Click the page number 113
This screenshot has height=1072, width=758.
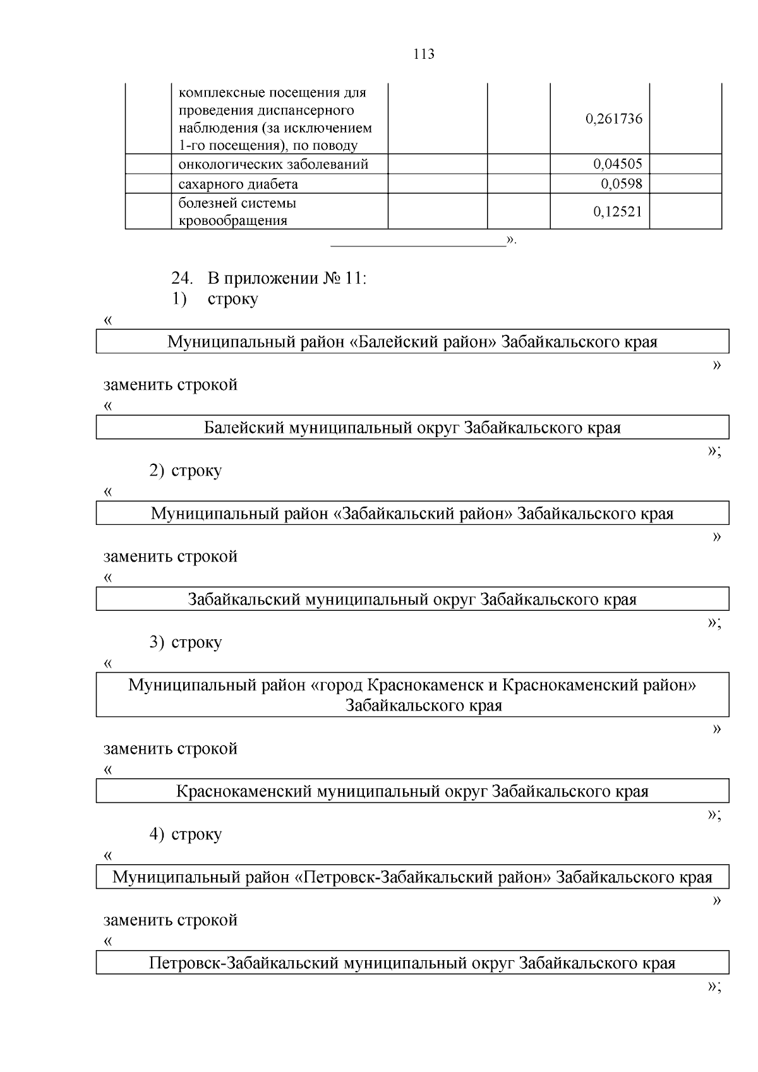[424, 54]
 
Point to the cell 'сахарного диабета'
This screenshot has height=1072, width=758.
[238, 184]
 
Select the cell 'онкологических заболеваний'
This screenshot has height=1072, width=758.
[274, 165]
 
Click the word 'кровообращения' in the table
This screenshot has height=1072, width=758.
[233, 221]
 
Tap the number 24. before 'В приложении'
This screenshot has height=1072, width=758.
[181, 278]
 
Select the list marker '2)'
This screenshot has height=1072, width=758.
[157, 471]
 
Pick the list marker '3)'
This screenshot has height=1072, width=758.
[157, 642]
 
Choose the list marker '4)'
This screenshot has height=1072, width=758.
[157, 834]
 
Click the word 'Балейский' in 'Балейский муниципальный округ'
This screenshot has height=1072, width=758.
[243, 428]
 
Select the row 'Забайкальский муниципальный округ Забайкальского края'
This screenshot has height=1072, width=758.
[412, 599]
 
